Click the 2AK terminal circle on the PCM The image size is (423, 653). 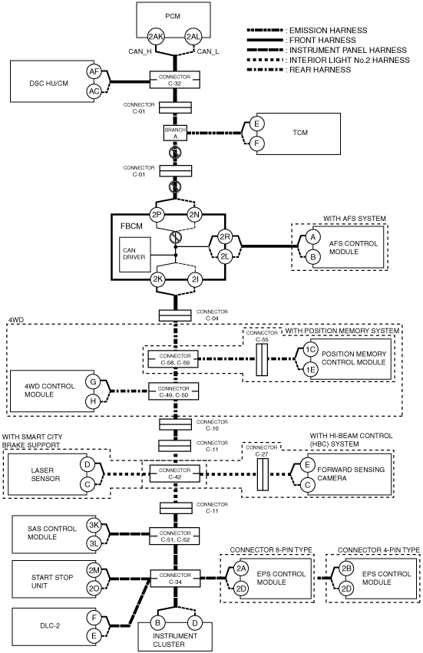(156, 37)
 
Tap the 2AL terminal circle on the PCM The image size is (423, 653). (193, 37)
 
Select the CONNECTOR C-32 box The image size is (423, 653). (175, 80)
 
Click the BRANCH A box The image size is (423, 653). (175, 133)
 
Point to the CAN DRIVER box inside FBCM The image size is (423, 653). (135, 255)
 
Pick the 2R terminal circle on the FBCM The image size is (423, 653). (225, 237)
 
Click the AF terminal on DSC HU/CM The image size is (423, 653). (94, 71)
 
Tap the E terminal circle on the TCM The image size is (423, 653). (256, 124)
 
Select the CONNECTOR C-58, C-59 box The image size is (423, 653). (173, 359)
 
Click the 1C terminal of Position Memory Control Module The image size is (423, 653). (309, 350)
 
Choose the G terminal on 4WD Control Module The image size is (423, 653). (94, 381)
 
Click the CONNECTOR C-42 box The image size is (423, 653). (174, 473)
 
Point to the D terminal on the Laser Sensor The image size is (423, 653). (88, 465)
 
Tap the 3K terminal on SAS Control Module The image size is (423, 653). (94, 525)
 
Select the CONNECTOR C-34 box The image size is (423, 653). (174, 578)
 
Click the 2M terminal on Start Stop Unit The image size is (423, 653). (94, 570)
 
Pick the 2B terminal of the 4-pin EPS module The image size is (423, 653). (346, 569)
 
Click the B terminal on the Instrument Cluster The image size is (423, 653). (157, 623)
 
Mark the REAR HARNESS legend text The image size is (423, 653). (320, 70)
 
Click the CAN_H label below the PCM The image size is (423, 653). (140, 51)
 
